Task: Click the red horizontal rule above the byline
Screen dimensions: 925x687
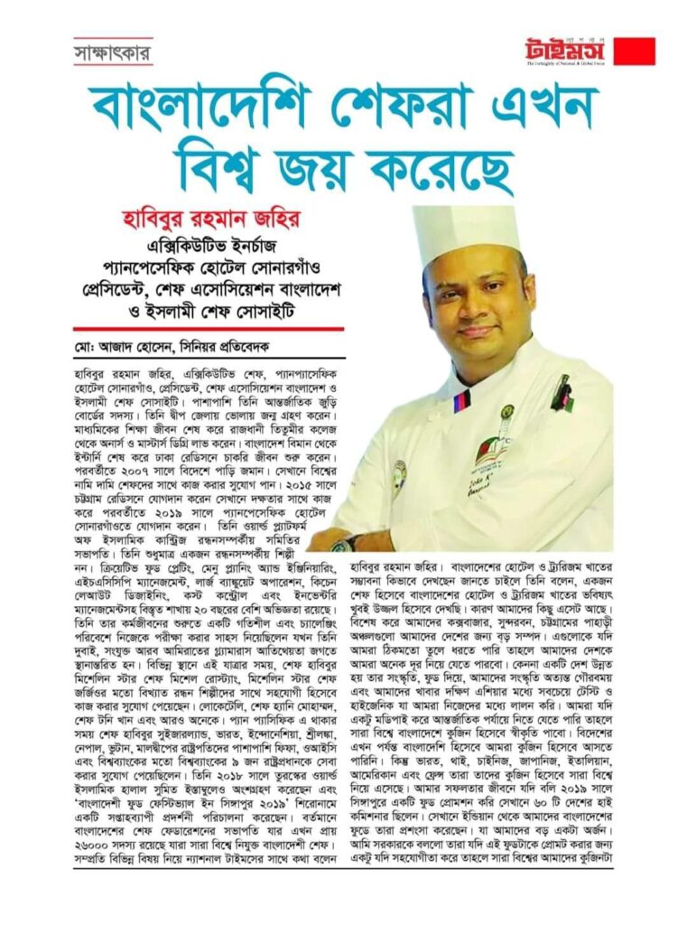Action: point(209,329)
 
